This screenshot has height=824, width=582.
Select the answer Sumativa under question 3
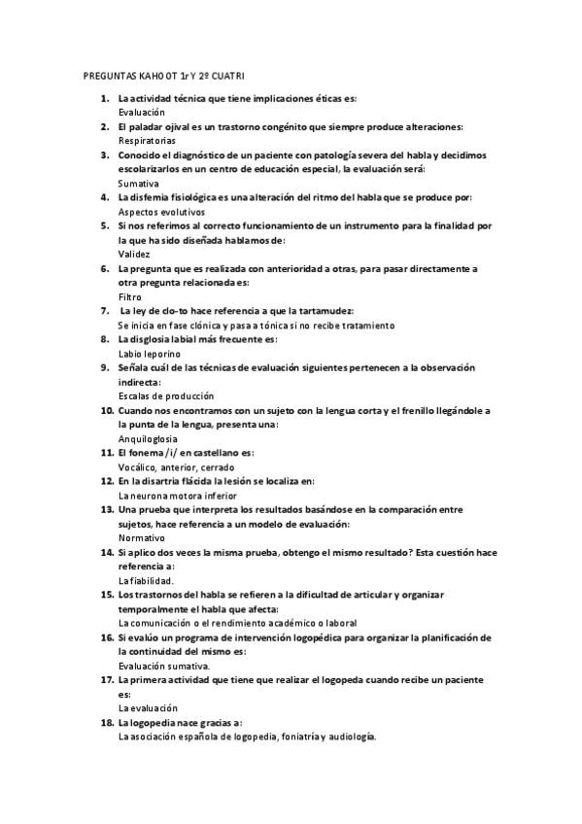(138, 183)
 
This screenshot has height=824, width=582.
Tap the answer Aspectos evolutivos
(161, 211)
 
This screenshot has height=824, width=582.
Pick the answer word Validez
(133, 253)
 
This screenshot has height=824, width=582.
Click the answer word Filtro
(130, 295)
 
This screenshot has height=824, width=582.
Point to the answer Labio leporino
(150, 354)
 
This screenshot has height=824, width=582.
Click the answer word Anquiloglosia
(148, 439)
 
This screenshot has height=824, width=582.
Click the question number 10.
(106, 411)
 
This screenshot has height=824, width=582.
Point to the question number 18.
(106, 722)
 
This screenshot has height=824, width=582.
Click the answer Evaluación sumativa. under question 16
(163, 666)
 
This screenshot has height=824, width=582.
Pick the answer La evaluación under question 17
(148, 708)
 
